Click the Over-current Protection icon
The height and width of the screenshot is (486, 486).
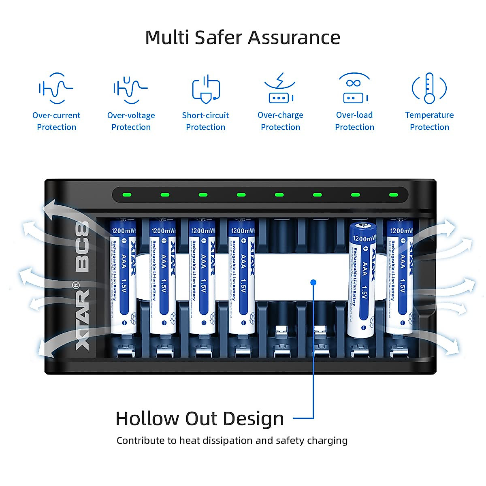56,88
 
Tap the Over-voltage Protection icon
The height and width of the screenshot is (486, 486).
130,88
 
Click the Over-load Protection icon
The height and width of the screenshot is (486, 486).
354,88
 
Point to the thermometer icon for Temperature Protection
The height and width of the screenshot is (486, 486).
429,88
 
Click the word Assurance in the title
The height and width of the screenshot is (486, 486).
294,38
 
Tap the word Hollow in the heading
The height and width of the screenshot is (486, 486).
147,419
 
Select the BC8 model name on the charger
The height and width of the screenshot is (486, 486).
82,247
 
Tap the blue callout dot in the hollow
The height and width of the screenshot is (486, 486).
313,282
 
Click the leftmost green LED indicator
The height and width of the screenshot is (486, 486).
127,195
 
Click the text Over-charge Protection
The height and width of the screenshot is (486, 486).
280,121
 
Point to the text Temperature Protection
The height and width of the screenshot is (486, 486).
429,121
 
